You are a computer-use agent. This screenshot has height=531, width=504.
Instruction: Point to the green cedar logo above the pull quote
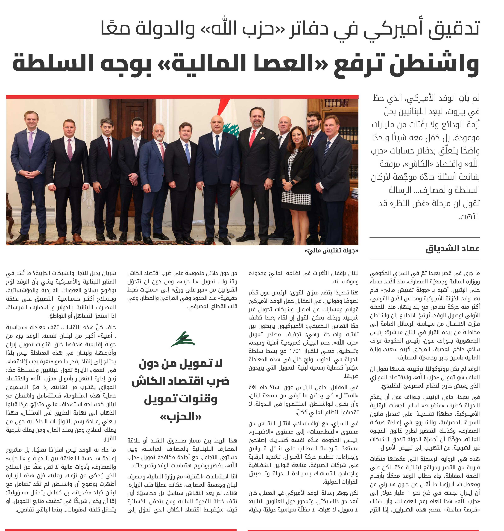click(x=182, y=339)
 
